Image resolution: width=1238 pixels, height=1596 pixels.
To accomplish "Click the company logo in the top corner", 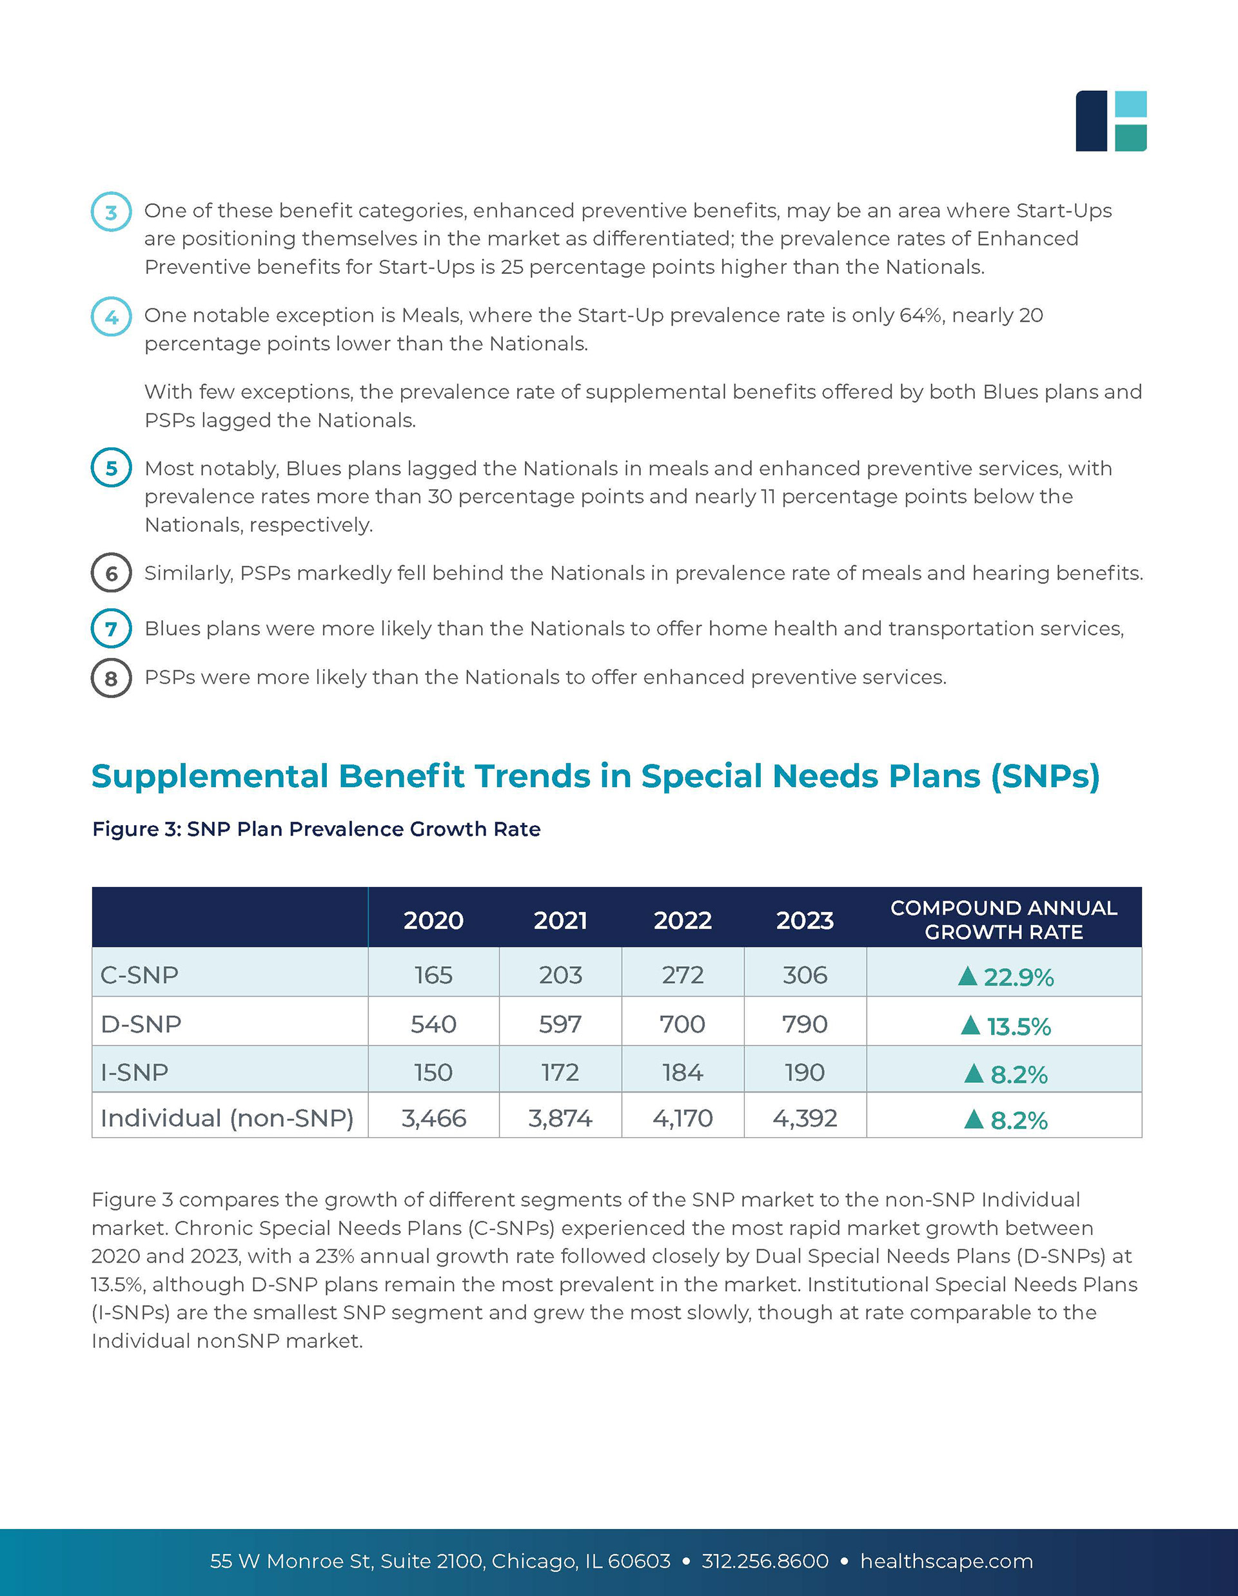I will [1110, 121].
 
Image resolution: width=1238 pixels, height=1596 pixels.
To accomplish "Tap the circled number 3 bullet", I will [111, 212].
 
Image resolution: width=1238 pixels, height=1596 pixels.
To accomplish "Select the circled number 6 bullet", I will [111, 573].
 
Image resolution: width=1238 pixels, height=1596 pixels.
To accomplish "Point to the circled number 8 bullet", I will [111, 678].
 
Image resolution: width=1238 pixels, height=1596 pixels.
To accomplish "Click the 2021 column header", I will [560, 920].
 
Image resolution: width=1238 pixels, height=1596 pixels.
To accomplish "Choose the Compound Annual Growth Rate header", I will [1003, 919].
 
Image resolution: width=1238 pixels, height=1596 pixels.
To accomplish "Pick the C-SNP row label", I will [139, 975].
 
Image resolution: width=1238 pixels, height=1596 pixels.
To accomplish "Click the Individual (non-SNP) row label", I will [226, 1118].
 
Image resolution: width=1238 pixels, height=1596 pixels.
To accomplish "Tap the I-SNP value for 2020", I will [433, 1072].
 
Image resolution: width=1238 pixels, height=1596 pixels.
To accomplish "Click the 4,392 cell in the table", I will [805, 1118].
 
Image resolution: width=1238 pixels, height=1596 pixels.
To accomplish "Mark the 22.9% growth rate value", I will [1018, 977].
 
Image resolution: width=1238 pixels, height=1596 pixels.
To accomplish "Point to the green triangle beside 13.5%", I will [970, 1026].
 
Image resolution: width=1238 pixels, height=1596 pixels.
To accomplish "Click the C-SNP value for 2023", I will [805, 975].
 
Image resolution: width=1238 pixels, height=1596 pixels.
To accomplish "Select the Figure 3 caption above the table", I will [316, 830].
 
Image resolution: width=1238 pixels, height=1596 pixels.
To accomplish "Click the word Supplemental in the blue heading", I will [210, 776].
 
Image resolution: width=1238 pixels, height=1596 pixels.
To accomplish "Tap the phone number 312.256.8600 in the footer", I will [765, 1561].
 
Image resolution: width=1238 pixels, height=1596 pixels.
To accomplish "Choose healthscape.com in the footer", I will [947, 1561].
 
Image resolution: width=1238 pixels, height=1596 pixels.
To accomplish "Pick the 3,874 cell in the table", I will [560, 1118].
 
